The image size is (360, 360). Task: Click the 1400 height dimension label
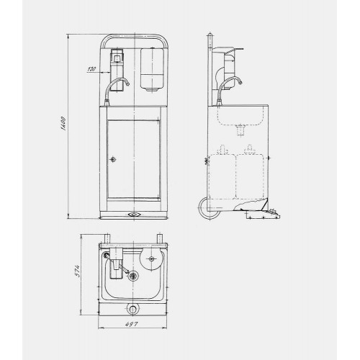[x=63, y=124]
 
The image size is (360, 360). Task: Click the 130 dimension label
[x=91, y=69]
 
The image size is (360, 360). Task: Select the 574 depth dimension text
[x=76, y=271]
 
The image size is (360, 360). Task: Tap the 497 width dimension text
[x=132, y=324]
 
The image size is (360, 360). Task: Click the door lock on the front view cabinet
[x=113, y=159]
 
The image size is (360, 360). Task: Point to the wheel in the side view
[x=209, y=209]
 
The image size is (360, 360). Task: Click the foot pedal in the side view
[x=263, y=214]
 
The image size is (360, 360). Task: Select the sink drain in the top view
[x=132, y=275]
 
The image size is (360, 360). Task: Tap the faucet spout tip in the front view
[x=127, y=84]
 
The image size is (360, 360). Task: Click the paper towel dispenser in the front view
[x=152, y=70]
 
